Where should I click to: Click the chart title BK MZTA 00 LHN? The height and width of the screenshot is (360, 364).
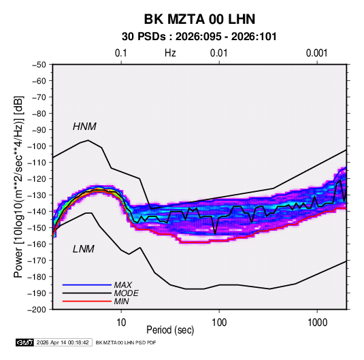pos(199,19)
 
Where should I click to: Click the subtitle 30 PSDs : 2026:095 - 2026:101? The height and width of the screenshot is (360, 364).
pos(199,37)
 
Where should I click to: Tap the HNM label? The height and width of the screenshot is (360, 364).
pos(84,127)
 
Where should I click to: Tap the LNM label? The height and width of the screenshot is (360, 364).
pos(84,249)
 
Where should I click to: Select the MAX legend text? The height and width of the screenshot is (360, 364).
pos(122,284)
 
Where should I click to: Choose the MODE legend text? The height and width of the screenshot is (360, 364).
pos(126,293)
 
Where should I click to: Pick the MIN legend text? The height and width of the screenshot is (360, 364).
pos(121,301)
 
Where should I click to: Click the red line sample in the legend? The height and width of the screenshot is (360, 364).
pos(87,301)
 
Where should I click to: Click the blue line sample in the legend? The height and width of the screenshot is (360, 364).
pos(87,284)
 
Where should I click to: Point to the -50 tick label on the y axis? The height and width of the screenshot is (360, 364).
pos(39,65)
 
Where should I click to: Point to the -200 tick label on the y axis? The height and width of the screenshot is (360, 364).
pos(37,310)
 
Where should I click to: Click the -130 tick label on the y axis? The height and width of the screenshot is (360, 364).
pos(37,195)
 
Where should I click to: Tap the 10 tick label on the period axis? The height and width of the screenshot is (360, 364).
pos(121,323)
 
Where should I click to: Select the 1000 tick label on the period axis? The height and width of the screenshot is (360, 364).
pos(317,323)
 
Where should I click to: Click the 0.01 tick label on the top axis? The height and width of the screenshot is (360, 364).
pos(218,53)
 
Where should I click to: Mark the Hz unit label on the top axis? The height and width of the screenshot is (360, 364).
pos(170,53)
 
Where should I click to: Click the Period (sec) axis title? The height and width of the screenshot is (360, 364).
pos(170,330)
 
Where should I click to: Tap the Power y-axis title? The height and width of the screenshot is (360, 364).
pos(18,186)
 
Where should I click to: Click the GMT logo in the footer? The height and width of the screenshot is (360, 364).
pos(24,342)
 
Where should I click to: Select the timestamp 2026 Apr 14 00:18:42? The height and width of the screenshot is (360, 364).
pos(63,342)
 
